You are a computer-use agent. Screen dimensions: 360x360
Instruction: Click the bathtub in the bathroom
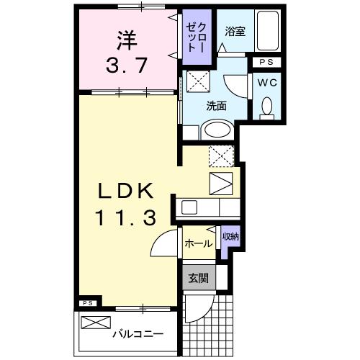[x=270, y=32]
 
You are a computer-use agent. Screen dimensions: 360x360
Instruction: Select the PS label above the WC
[x=266, y=63]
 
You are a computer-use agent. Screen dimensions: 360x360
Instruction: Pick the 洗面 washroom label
[x=217, y=105]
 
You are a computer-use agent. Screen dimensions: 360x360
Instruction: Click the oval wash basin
[x=215, y=130]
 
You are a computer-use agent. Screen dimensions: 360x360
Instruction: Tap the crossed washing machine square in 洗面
[x=198, y=81]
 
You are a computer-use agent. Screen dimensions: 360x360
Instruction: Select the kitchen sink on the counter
[x=190, y=207]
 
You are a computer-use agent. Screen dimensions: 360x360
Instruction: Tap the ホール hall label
[x=199, y=243]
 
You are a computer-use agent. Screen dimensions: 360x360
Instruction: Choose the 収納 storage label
[x=230, y=236]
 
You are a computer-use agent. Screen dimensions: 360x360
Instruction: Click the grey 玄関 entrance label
[x=197, y=277]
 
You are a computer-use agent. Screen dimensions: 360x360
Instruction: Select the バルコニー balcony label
[x=138, y=334]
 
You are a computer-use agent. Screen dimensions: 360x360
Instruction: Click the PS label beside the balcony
[x=87, y=303]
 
